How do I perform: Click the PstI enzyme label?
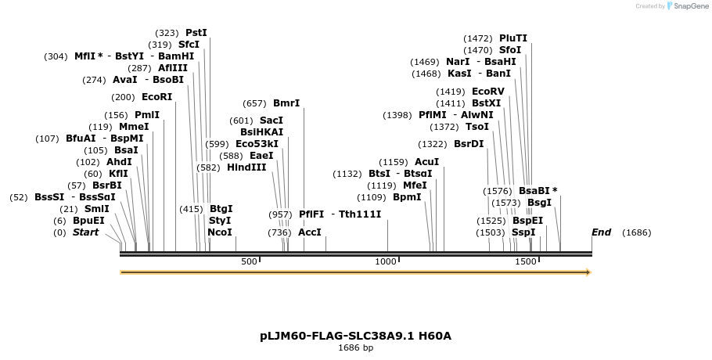(196, 33)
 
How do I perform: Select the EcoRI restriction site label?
(156, 97)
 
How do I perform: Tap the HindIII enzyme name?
(246, 167)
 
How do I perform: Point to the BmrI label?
(286, 103)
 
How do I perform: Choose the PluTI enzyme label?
(513, 38)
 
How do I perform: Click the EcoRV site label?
(488, 92)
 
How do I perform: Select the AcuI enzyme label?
(426, 162)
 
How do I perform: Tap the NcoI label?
(220, 232)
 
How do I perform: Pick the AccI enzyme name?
(310, 232)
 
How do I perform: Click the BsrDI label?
(469, 144)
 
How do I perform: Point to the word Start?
(86, 232)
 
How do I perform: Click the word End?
(601, 232)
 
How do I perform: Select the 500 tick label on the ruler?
(249, 261)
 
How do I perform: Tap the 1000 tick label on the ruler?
(387, 261)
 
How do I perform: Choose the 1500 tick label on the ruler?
(525, 261)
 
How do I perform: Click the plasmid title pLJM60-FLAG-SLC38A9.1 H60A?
(355, 337)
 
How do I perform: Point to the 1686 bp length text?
(355, 347)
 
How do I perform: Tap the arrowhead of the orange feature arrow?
(588, 272)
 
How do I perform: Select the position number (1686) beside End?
(636, 232)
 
